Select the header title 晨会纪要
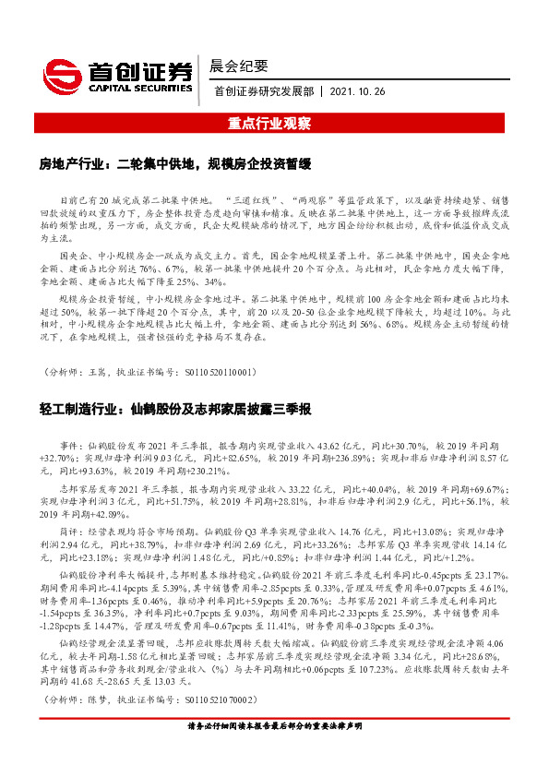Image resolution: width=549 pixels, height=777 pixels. click(239, 66)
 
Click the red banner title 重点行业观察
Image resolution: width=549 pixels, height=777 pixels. click(274, 122)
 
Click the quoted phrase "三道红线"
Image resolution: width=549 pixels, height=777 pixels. click(253, 199)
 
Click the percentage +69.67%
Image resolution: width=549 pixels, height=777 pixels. click(488, 488)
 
